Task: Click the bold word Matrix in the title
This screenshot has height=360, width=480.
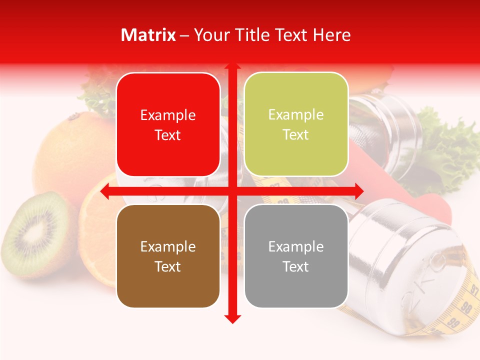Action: [148, 35]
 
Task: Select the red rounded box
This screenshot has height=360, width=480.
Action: [168, 125]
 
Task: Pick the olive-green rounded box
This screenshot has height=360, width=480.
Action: [296, 124]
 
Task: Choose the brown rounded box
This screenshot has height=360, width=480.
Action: [168, 256]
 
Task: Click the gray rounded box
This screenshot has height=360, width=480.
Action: [296, 256]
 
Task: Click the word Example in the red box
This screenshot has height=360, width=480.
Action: [168, 115]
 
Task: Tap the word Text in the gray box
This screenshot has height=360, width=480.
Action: [296, 266]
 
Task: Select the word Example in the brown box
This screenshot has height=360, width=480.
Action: [168, 246]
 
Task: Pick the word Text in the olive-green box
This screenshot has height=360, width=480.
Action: [296, 135]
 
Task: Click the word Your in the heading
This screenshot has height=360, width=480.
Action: [211, 35]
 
